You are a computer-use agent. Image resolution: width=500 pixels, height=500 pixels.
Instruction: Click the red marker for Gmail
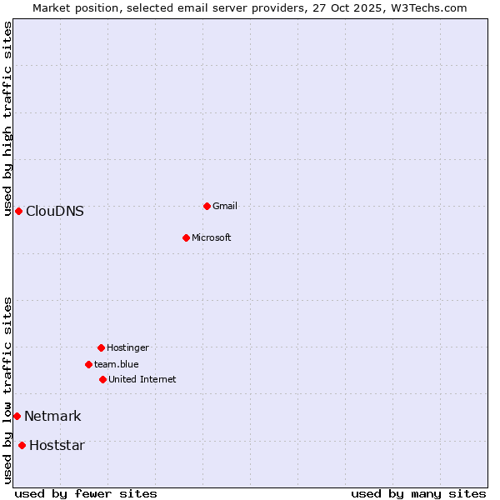tap(207, 206)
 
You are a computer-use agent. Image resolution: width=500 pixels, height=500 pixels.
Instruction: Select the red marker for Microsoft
tap(186, 237)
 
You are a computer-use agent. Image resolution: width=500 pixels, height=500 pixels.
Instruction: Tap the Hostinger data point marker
tap(101, 347)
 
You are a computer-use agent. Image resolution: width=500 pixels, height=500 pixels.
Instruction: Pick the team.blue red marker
tap(88, 364)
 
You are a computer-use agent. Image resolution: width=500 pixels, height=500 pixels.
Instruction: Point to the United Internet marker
tap(102, 379)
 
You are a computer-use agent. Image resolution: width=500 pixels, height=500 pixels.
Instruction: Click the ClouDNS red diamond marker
tap(18, 211)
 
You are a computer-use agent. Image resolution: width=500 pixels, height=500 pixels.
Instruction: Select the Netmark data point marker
tap(17, 416)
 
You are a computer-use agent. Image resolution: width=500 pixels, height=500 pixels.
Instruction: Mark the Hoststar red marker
tap(22, 445)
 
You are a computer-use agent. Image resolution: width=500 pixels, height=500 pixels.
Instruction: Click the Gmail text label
tap(225, 206)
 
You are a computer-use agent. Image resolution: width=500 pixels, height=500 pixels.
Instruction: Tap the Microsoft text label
tap(211, 237)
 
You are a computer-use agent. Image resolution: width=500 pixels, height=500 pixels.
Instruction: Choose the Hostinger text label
tap(127, 347)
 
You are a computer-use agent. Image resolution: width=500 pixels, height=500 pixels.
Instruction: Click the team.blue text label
tap(116, 364)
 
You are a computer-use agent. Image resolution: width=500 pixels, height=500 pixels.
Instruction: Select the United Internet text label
tap(142, 379)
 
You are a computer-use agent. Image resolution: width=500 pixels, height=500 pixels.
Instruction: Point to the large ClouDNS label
tap(55, 211)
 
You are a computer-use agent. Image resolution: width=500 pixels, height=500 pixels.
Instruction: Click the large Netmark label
tap(52, 416)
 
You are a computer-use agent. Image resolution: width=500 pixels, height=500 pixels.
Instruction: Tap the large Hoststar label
tap(57, 445)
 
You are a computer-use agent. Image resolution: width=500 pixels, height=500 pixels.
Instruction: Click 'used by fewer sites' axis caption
tap(86, 493)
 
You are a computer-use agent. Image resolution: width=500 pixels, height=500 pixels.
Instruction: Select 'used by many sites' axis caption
tap(418, 493)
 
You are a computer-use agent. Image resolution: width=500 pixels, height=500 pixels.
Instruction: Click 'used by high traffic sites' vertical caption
tap(7, 118)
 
